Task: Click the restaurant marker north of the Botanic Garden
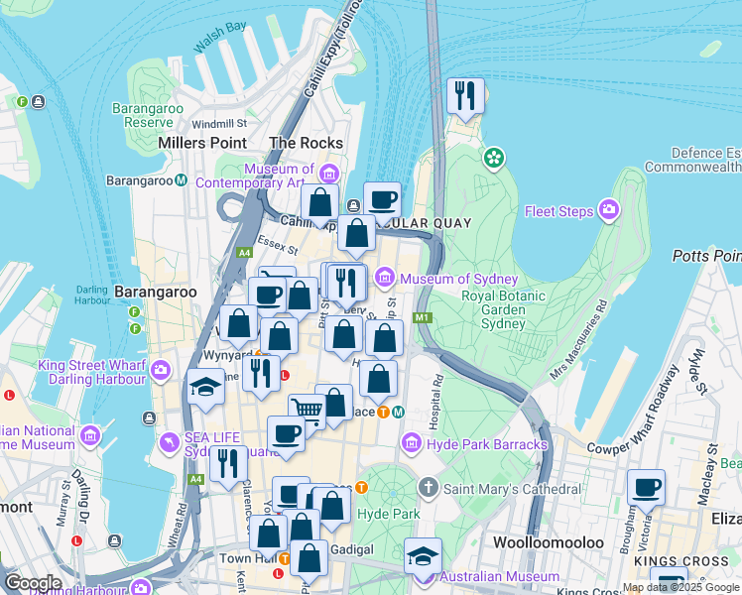pos(465,96)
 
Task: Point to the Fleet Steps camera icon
pos(608,210)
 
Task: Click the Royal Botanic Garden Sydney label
pos(503,309)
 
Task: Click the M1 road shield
pos(423,317)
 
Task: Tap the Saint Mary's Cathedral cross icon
pos(428,489)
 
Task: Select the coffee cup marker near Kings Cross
pos(646,487)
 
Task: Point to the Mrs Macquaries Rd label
pos(578,346)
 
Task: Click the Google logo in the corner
pos(32,582)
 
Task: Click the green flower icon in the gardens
pos(493,158)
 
